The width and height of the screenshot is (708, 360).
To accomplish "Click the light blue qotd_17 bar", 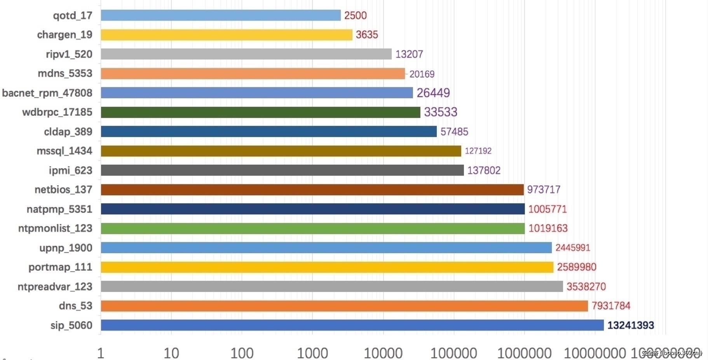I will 220,15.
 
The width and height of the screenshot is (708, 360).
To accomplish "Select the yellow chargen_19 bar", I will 226,35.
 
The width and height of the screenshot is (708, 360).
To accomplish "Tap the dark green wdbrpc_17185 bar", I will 260,112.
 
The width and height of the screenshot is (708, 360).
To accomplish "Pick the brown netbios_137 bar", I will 312,190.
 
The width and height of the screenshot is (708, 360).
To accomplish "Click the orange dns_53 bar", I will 344,306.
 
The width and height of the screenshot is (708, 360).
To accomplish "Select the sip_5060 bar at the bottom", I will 352,325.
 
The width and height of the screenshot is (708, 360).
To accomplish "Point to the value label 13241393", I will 630,325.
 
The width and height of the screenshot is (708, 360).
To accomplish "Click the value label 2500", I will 355,16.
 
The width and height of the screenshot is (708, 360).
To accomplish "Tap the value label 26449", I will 433,93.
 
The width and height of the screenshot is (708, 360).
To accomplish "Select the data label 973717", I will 544,190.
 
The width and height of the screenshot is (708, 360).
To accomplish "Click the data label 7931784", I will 610,306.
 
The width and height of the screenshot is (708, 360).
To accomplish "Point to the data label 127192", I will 478,151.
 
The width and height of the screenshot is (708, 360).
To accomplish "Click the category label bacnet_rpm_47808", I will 47,93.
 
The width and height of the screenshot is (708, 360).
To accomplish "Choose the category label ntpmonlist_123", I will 55,228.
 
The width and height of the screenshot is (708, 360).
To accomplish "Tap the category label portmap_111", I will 60,267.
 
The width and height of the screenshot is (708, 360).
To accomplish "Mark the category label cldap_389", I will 68,132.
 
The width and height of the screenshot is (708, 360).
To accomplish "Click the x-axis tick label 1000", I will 312,353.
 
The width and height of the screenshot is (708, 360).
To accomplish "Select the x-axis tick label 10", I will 171,353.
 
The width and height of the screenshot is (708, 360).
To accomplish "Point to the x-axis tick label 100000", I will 453,353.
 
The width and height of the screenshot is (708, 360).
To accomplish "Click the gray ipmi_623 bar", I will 282,170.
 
